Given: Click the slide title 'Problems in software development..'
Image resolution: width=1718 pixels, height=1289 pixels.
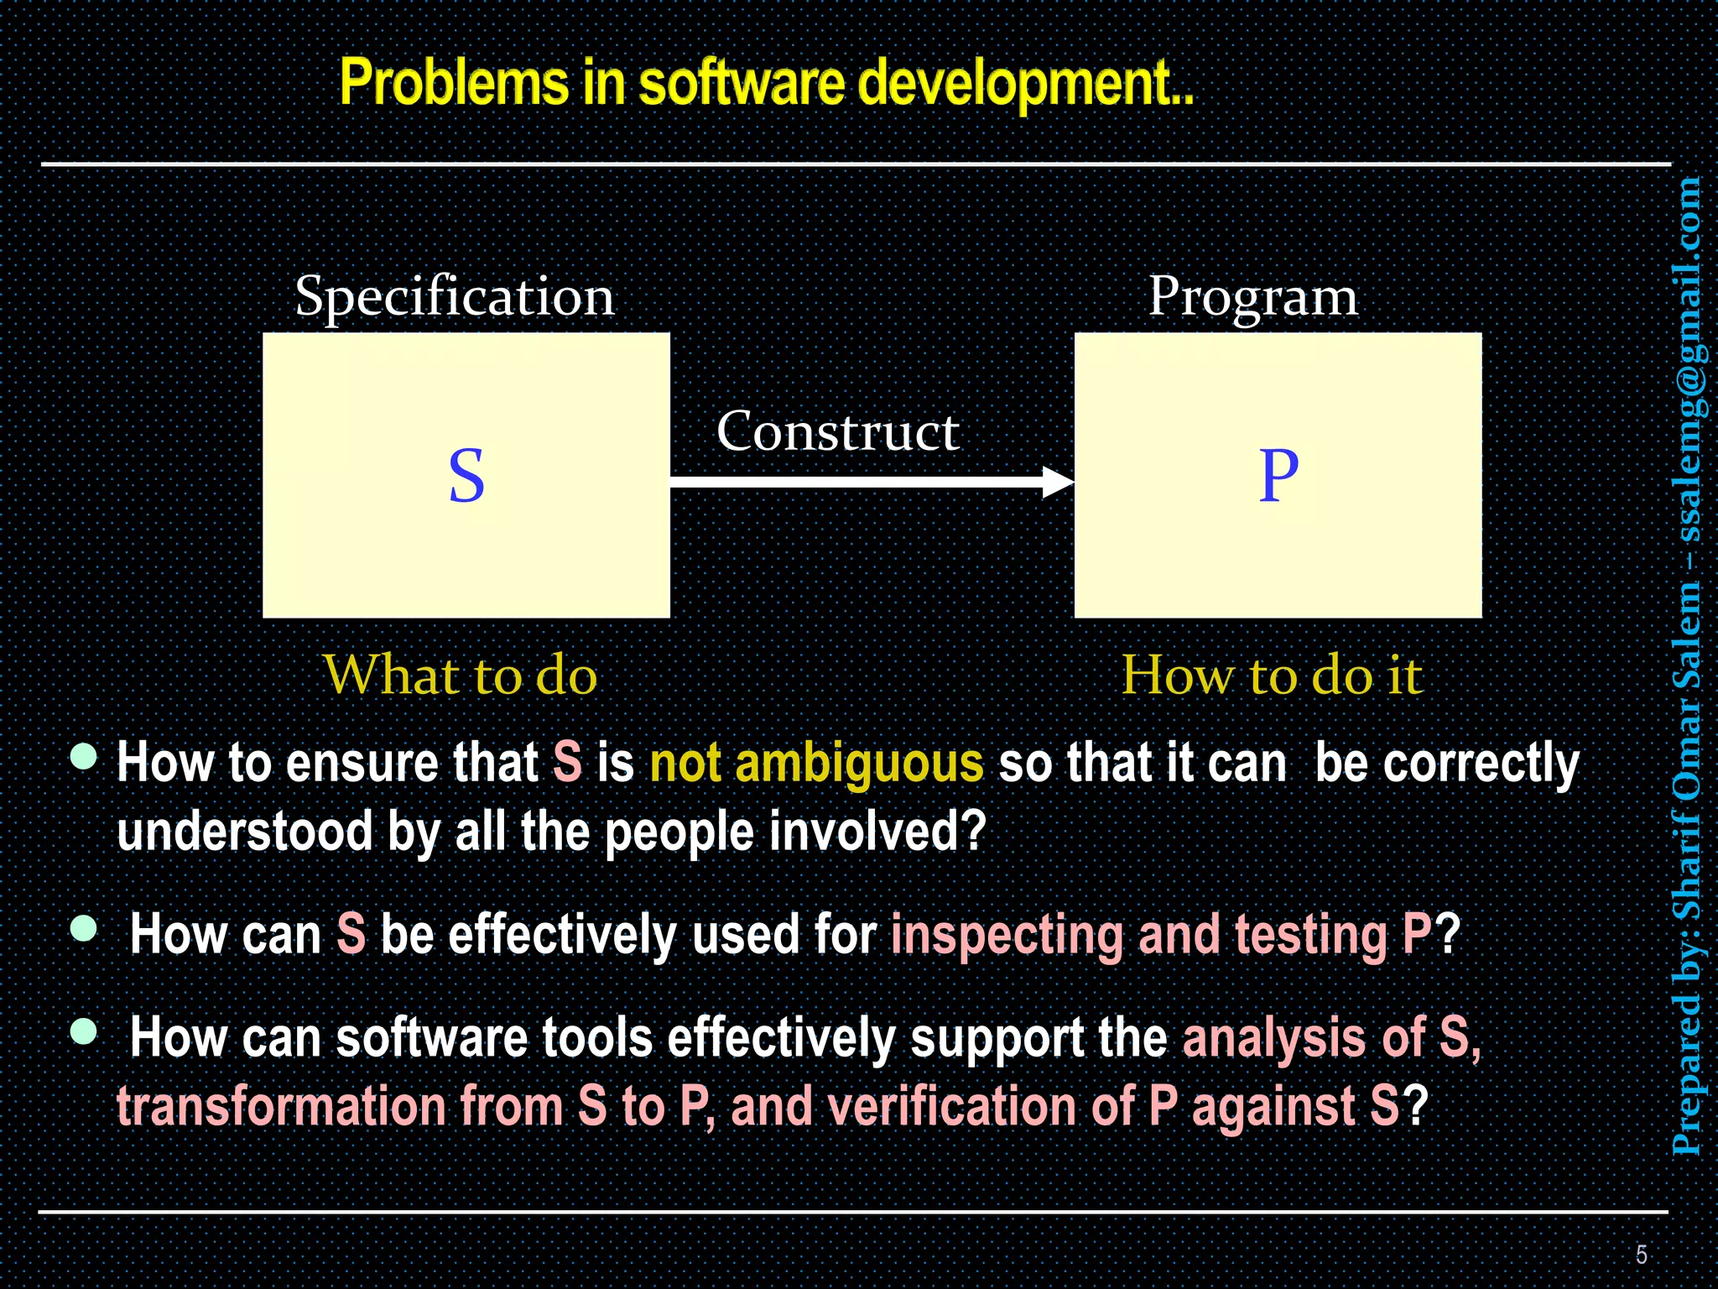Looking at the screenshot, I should click(x=766, y=84).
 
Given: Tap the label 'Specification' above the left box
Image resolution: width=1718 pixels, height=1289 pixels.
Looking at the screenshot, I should click(x=455, y=297).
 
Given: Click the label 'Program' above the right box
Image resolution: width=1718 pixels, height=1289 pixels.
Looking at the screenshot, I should click(x=1252, y=297).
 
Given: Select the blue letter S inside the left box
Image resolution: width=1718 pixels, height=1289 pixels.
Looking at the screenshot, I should click(x=466, y=476).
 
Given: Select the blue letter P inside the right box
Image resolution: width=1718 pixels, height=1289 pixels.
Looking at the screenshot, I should click(x=1278, y=476).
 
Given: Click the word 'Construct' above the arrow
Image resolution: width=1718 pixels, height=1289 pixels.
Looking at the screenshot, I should click(x=837, y=432).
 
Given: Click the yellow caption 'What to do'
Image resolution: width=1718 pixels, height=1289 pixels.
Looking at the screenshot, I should click(x=460, y=675).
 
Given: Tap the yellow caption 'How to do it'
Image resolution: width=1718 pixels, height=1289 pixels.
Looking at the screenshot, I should click(x=1272, y=675).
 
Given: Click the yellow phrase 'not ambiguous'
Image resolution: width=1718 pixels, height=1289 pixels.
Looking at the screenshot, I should click(x=816, y=764).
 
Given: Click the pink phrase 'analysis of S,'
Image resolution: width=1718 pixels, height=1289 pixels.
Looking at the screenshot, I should click(x=1331, y=1038).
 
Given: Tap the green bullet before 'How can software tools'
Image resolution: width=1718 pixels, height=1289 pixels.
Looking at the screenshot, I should click(x=84, y=1031).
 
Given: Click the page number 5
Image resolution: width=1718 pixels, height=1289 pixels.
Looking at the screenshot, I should click(x=1642, y=1255).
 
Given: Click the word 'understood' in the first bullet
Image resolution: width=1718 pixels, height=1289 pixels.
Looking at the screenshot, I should click(x=244, y=832).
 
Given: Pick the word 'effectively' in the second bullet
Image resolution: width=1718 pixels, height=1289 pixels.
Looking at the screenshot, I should click(x=562, y=935).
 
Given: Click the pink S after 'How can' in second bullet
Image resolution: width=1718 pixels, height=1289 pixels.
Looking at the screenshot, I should click(x=351, y=935).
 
